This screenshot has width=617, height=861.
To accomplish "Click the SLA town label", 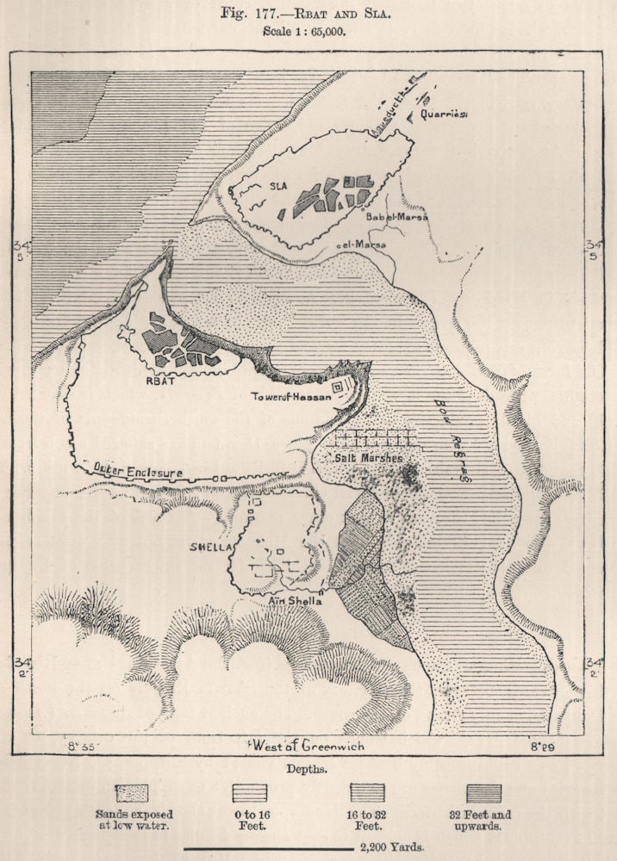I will pyautogui.click(x=277, y=185).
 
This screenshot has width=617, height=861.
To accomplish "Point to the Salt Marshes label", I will pyautogui.click(x=368, y=458).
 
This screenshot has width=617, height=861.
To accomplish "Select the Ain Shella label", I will pyautogui.click(x=296, y=601).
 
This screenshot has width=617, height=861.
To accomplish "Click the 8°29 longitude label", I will pyautogui.click(x=540, y=746).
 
